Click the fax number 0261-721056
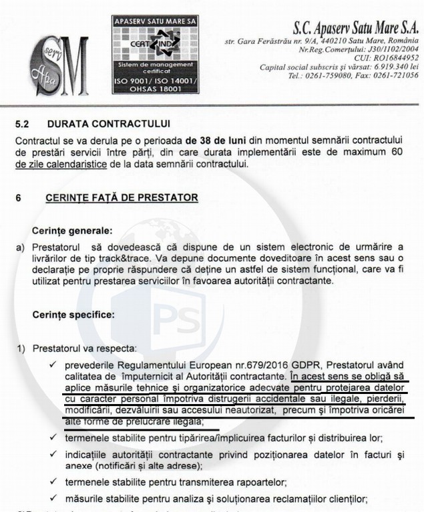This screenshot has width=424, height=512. point(397,75)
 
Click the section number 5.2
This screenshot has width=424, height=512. point(22,123)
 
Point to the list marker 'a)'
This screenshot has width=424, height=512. point(20,248)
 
